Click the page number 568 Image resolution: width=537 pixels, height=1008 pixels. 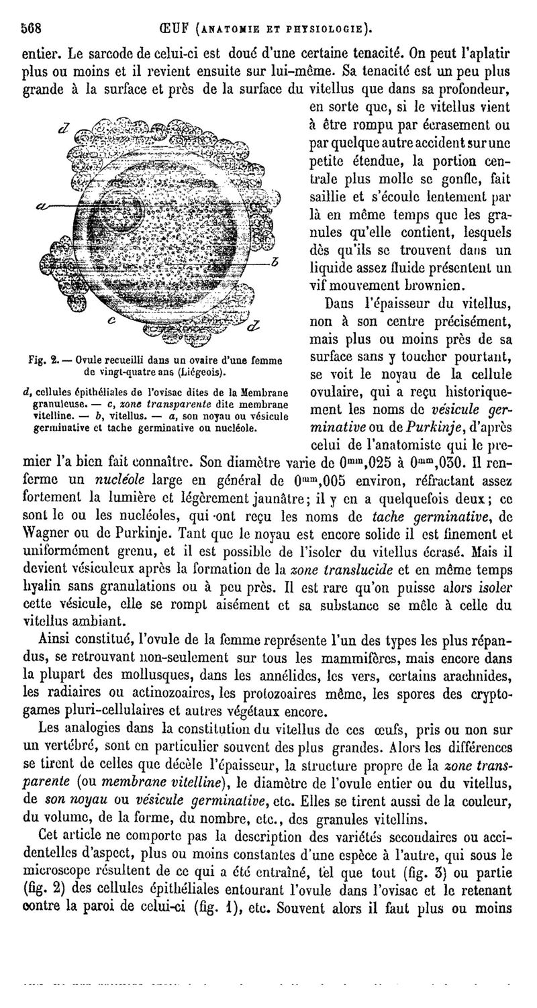point(32,29)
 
